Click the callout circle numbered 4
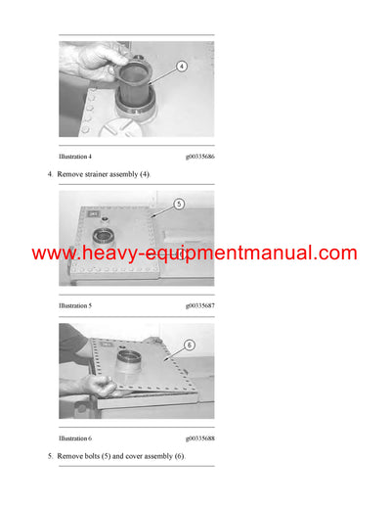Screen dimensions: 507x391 point(181,68)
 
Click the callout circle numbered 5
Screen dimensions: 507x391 point(179,205)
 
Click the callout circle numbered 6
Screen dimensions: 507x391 point(190,345)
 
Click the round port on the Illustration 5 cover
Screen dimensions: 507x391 point(103,236)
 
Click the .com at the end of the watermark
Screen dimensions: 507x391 point(335,253)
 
